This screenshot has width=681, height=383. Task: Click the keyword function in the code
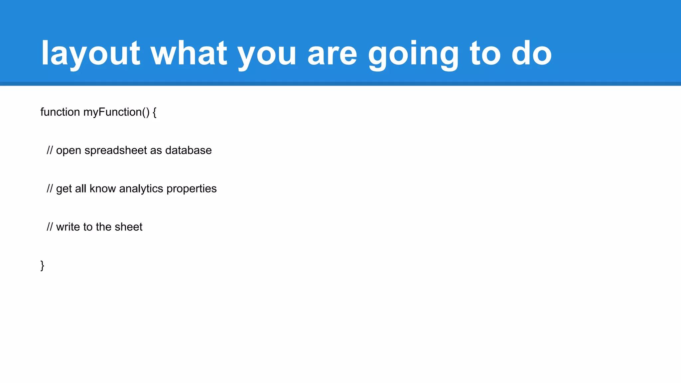[60, 112]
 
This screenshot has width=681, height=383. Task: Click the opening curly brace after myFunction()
[155, 112]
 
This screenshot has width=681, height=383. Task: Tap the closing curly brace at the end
[42, 265]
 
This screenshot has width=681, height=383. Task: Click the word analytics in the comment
[141, 189]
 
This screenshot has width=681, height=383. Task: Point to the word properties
[192, 189]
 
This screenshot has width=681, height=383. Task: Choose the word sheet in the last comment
[128, 227]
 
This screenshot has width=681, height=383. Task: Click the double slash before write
[50, 227]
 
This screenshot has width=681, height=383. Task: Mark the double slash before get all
[50, 189]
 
